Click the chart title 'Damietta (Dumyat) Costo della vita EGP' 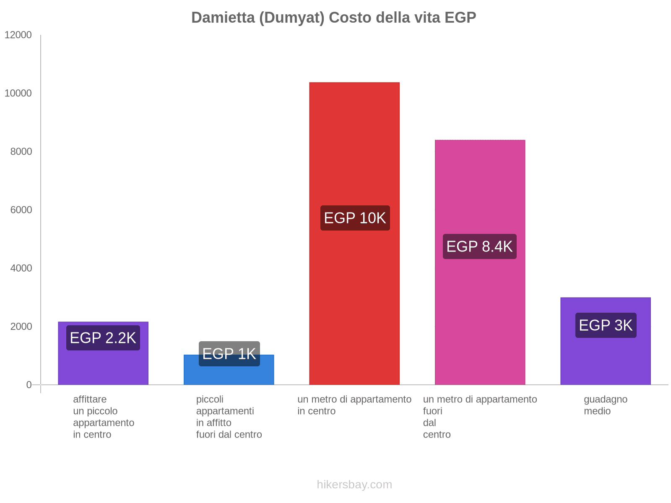[333, 18]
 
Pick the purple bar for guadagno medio [605, 360]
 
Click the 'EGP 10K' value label [355, 218]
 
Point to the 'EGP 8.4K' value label [479, 246]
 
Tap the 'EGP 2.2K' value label [103, 338]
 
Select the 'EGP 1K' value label [229, 354]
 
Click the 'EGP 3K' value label [606, 325]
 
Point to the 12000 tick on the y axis [18, 35]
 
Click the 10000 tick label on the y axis [18, 93]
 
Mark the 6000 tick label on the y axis [21, 210]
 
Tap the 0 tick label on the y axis [29, 384]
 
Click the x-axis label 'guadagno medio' [605, 405]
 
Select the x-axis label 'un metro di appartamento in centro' [354, 405]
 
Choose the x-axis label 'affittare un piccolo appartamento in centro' [103, 417]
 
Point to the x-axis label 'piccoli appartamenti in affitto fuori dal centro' [229, 417]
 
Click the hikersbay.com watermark [354, 485]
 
